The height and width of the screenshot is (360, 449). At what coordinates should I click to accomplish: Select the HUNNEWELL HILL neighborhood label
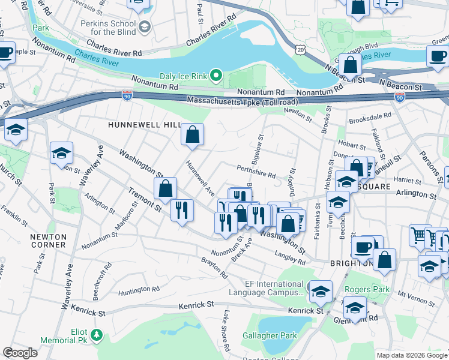tap(144, 124)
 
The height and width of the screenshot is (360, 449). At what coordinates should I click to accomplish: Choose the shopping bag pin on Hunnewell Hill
tap(193, 136)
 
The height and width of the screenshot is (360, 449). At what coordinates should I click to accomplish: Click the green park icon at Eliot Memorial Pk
tap(95, 334)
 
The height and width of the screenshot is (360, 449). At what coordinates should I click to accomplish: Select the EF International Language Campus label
tap(267, 289)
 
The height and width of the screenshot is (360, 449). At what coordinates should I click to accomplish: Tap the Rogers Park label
tap(367, 289)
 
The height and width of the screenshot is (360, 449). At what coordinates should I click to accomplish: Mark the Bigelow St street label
tap(261, 149)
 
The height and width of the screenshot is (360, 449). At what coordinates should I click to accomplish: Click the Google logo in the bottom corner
tap(20, 353)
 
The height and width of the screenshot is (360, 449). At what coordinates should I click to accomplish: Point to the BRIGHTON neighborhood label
tap(351, 263)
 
